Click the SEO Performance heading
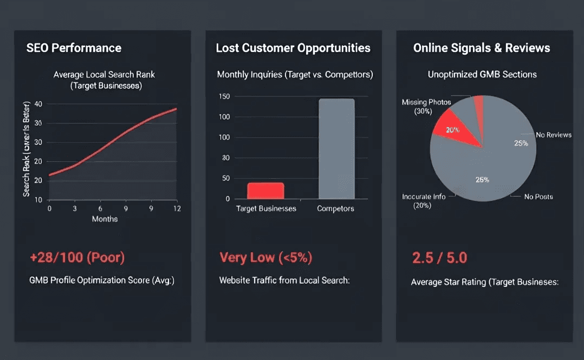tap(74, 48)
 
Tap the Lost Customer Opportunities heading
tap(293, 48)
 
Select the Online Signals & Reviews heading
tap(482, 48)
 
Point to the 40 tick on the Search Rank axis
tap(38, 104)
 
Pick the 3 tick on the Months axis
tap(74, 208)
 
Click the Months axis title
tap(105, 219)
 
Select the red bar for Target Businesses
tap(265, 191)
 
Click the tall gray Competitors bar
tap(336, 149)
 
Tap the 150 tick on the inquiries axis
tap(224, 96)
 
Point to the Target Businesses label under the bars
tap(266, 208)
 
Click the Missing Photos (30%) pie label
tap(426, 107)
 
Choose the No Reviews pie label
tap(553, 135)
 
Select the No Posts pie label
tap(538, 197)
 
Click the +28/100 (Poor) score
tap(77, 257)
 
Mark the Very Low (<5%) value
tap(265, 257)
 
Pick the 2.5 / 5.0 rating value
tap(439, 258)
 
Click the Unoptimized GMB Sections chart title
tap(482, 74)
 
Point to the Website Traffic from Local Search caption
tap(285, 280)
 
